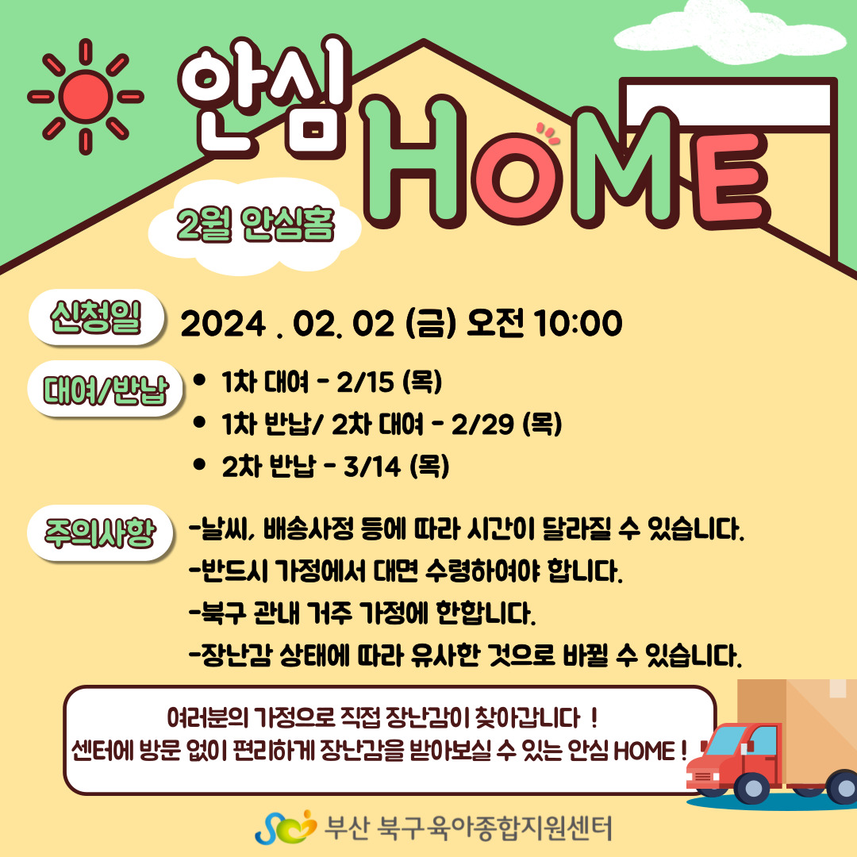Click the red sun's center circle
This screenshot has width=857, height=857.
tap(86, 96)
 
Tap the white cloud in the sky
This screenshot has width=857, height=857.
tap(730, 32)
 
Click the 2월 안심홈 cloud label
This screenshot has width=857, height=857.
tap(255, 225)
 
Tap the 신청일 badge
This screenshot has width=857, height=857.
tap(96, 317)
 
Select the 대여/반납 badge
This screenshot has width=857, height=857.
tap(105, 389)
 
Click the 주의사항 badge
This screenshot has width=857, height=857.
tap(100, 533)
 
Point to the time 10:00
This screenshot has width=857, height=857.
tap(578, 322)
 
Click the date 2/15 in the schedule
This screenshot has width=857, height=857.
tap(364, 382)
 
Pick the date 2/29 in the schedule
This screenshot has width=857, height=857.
tap(482, 424)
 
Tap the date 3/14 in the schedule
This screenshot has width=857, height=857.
tap(372, 467)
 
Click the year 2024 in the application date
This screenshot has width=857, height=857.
tap(223, 324)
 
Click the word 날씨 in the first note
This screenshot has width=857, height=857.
tap(224, 529)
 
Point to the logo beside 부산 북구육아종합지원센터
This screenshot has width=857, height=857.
tap(286, 828)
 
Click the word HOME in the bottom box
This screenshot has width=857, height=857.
tap(644, 751)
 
